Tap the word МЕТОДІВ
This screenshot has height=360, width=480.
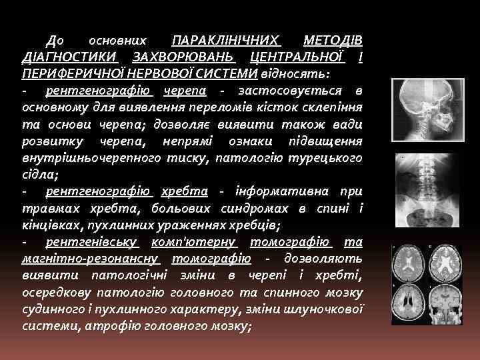[332, 41]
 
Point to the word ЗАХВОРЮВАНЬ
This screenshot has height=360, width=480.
[185, 57]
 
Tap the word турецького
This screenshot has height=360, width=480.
[328, 157]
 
